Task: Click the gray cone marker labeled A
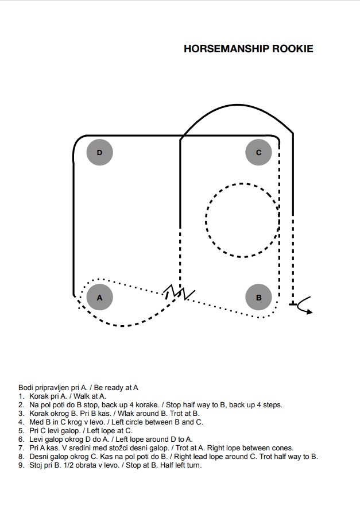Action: pos(100,297)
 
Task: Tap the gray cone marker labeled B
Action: pos(258,297)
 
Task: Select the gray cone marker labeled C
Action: pos(258,152)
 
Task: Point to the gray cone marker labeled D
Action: pos(100,152)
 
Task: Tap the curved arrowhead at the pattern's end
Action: pos(309,312)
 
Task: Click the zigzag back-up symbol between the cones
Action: pos(179,292)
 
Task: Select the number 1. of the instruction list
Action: pos(22,396)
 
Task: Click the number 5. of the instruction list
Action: pos(22,430)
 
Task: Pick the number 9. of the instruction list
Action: pos(22,465)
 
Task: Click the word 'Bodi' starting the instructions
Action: pos(25,388)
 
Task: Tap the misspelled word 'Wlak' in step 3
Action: pos(126,414)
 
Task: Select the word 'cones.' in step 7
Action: pos(283,448)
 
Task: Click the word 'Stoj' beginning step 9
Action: pos(36,465)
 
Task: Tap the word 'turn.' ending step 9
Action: pos(194,465)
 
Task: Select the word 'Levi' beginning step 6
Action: pos(36,439)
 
